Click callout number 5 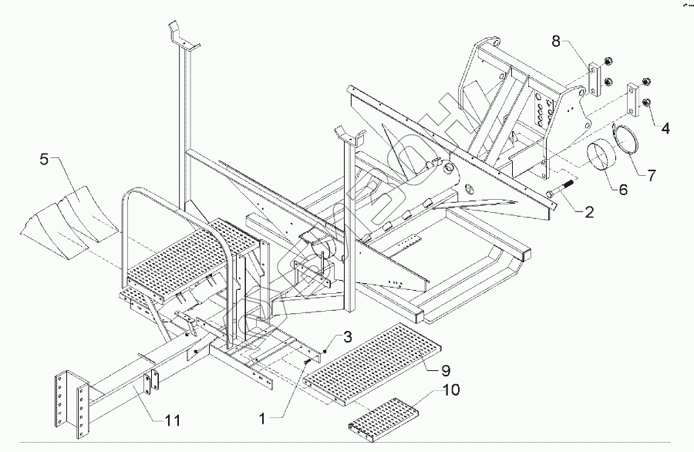45,161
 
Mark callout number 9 445,369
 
